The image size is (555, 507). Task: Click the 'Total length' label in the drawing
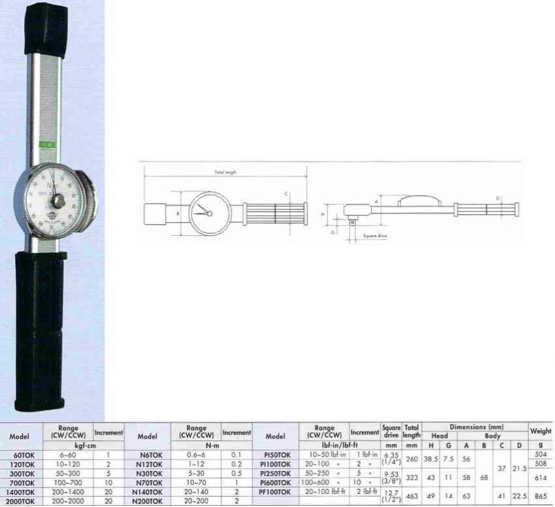click(225, 172)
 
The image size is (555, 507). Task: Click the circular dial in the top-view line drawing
click(210, 213)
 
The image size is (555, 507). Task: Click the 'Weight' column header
click(541, 431)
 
